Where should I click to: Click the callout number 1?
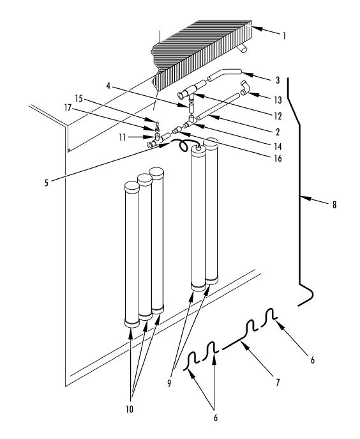[x=284, y=36]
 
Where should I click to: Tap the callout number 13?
[x=278, y=100]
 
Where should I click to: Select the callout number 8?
[x=334, y=205]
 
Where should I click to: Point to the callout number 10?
[x=129, y=410]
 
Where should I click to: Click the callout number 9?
[x=169, y=383]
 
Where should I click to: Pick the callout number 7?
[x=278, y=382]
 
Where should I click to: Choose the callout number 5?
[x=47, y=183]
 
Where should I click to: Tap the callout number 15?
[x=79, y=98]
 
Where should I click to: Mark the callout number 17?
[x=68, y=107]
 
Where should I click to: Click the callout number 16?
[x=278, y=158]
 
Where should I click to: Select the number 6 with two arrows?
[x=215, y=418]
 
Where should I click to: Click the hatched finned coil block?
[x=202, y=53]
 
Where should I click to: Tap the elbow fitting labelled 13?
[x=245, y=89]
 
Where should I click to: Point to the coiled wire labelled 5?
[x=183, y=146]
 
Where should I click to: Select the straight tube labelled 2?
[x=218, y=107]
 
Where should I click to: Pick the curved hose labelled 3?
[x=224, y=74]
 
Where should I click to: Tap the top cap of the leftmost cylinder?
[x=131, y=187]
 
